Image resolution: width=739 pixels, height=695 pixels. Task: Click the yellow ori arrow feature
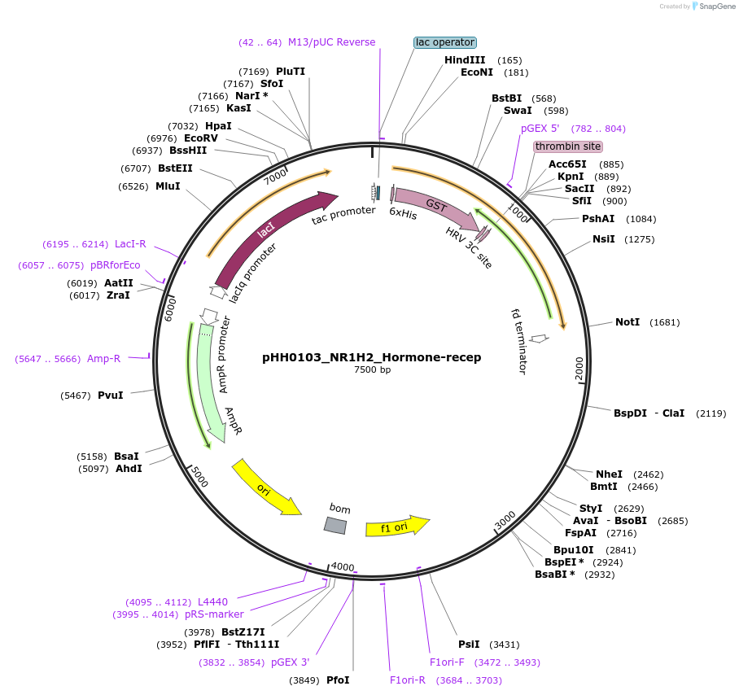(265, 487)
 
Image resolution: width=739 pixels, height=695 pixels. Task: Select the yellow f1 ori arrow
(396, 527)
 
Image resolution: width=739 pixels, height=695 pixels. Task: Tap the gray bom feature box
(335, 526)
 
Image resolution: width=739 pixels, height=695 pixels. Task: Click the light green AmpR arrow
(210, 382)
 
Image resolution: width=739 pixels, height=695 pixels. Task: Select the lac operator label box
(444, 42)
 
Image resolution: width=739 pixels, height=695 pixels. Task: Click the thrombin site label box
(568, 146)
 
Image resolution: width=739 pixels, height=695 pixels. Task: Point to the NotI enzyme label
(627, 322)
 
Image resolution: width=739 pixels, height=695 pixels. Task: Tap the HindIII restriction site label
(465, 60)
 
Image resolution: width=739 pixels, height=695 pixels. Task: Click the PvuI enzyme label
(111, 396)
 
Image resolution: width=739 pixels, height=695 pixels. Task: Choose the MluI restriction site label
(168, 186)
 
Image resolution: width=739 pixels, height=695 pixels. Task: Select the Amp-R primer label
(103, 359)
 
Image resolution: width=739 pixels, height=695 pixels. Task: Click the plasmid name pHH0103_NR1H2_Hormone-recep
(371, 357)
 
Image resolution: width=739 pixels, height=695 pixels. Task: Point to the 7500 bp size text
(372, 370)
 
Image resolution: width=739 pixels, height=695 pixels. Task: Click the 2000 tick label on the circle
(579, 368)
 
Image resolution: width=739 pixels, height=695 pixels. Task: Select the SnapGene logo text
(717, 7)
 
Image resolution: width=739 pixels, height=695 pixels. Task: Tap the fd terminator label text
(518, 340)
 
